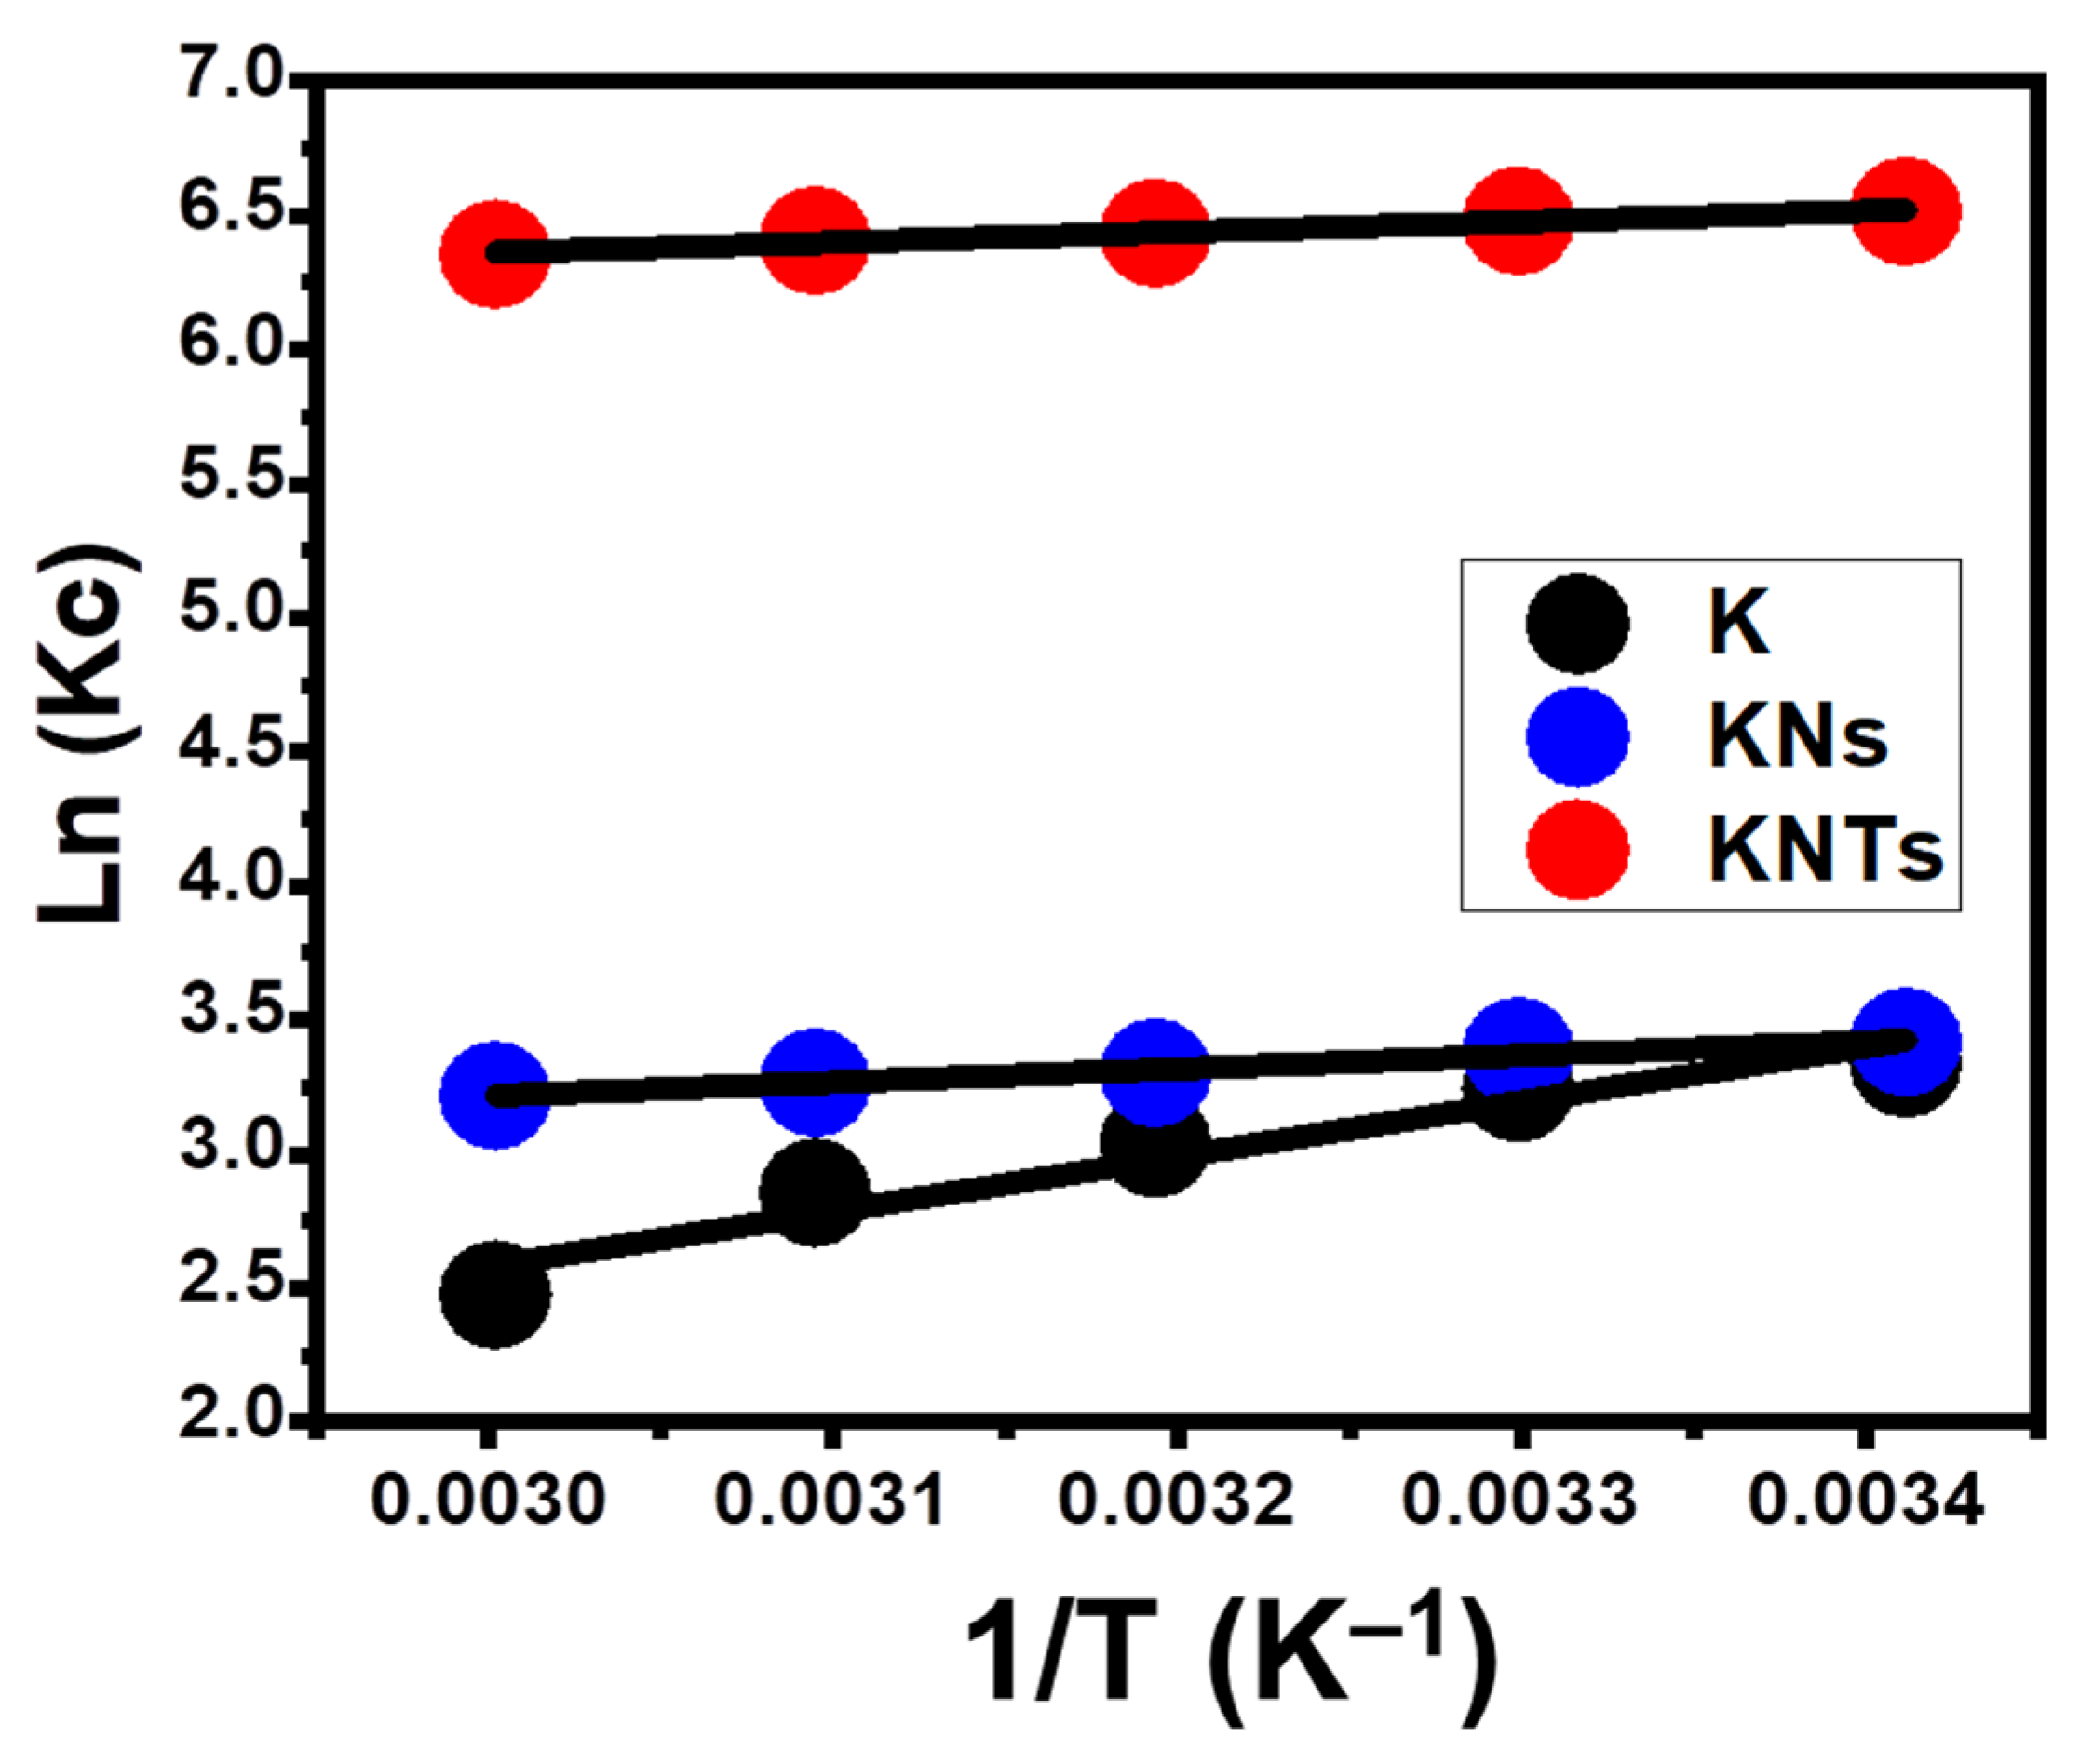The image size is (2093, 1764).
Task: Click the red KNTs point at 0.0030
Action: [494, 253]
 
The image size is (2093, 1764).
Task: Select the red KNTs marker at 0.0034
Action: [1906, 211]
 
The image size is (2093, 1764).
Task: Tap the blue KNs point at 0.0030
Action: [495, 1095]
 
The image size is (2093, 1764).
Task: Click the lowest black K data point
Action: [495, 1294]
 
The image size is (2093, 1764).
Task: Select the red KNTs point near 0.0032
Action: [1155, 232]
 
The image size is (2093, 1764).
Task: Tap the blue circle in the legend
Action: [1578, 737]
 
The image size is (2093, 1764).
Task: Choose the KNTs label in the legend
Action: [1824, 851]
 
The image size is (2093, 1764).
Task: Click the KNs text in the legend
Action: [1797, 737]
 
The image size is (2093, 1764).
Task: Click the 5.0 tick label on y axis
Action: [232, 615]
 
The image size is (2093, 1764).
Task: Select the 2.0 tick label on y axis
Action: [232, 1417]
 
